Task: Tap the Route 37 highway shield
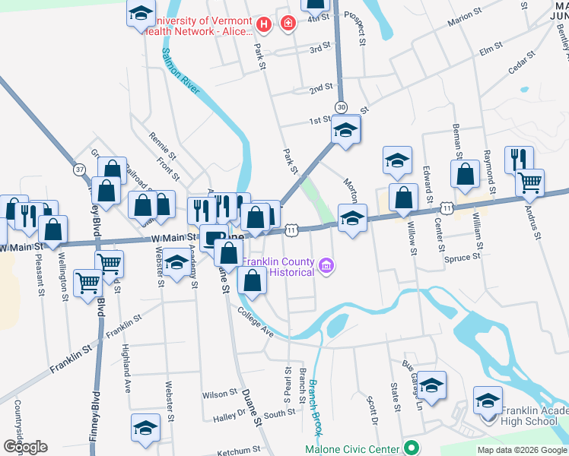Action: [x=79, y=168]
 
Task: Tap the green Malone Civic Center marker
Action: [x=411, y=448]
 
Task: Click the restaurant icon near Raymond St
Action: [x=520, y=159]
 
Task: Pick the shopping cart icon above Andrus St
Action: [x=530, y=182]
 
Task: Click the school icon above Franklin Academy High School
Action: [x=488, y=399]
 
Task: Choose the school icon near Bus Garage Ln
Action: [x=431, y=385]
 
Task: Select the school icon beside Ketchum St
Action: [x=145, y=426]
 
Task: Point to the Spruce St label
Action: [x=463, y=257]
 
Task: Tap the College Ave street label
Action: [x=255, y=322]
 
